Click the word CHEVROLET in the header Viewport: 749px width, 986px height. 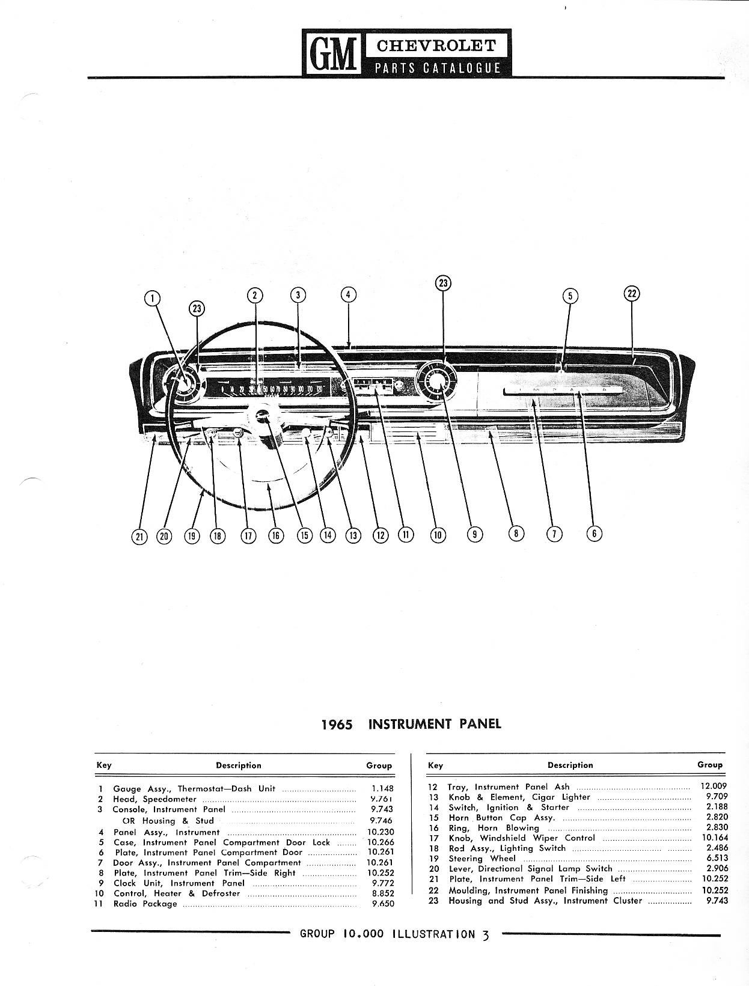(x=436, y=46)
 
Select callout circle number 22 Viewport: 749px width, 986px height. (x=631, y=293)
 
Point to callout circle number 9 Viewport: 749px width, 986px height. (x=475, y=533)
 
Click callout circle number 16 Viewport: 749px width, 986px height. (x=275, y=535)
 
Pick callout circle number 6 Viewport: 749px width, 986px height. (x=594, y=533)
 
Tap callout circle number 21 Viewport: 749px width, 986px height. (x=139, y=536)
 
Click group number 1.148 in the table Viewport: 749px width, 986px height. (x=382, y=788)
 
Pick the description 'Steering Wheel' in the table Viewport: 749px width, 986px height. (x=482, y=859)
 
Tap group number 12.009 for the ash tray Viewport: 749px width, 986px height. (x=714, y=785)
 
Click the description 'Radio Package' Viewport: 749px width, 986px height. (x=145, y=904)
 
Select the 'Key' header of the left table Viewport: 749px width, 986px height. (x=104, y=765)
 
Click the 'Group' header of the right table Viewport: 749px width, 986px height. (x=709, y=764)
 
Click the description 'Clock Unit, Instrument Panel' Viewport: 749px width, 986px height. (x=179, y=883)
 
